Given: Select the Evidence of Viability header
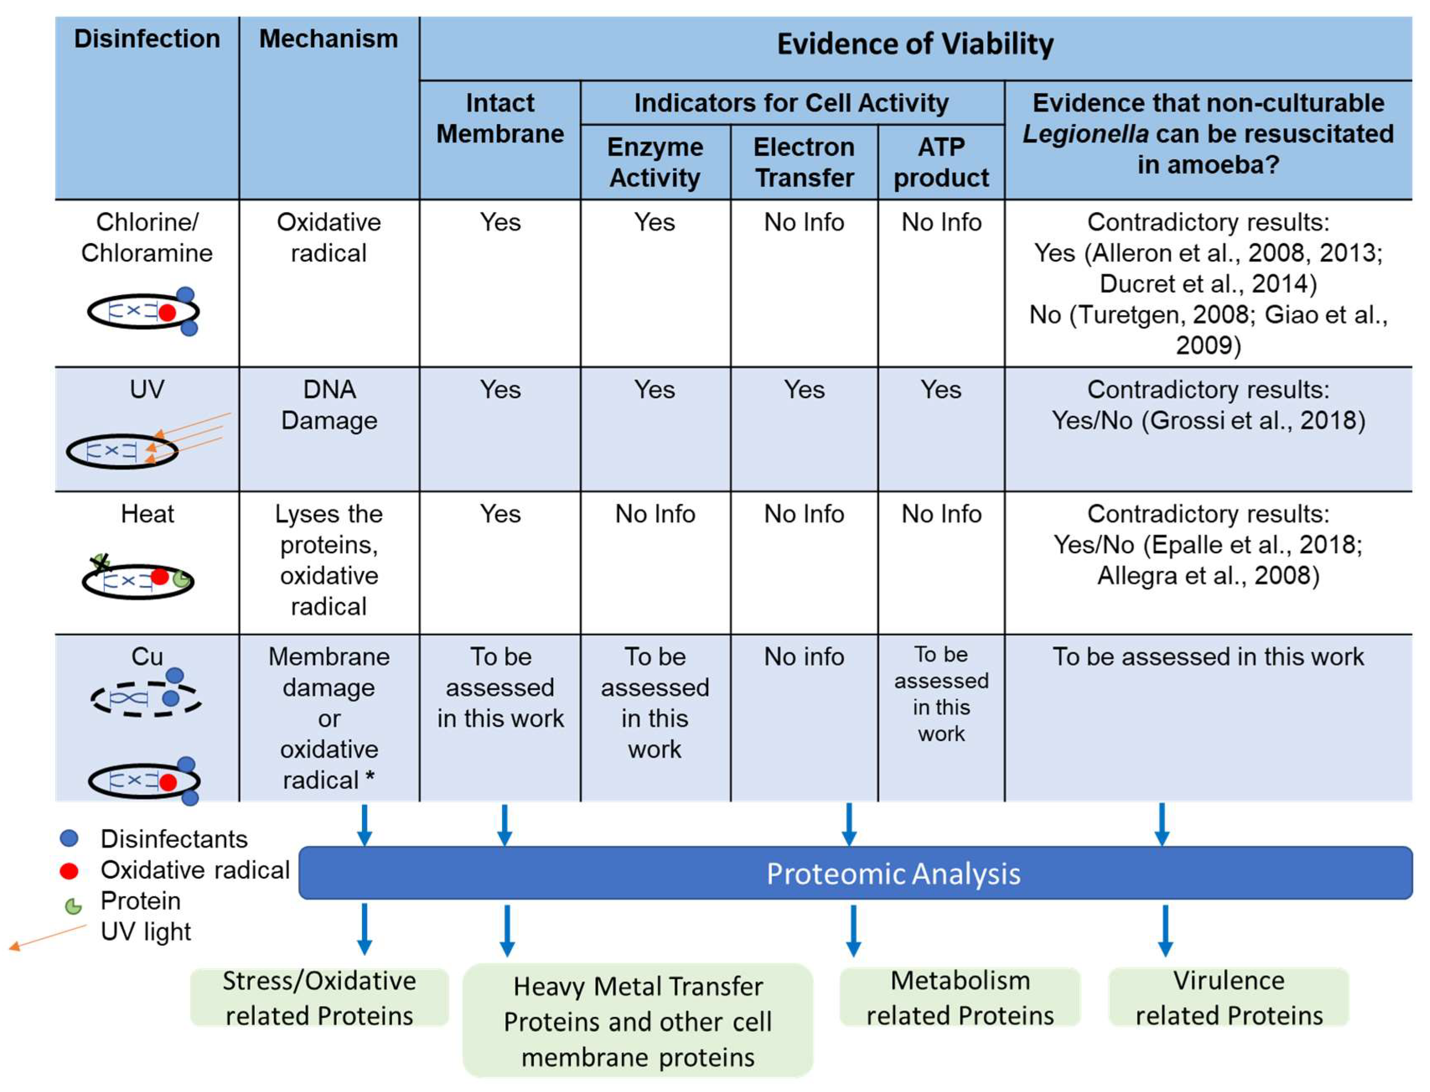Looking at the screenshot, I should click(x=915, y=44).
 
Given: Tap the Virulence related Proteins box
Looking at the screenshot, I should click(x=1228, y=997).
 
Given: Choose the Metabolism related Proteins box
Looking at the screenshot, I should click(x=959, y=997).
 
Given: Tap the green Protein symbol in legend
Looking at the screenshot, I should click(x=73, y=906).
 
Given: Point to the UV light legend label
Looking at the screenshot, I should click(x=146, y=932).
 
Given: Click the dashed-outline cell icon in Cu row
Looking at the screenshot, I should click(x=146, y=699).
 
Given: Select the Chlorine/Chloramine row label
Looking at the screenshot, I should click(x=147, y=237).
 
